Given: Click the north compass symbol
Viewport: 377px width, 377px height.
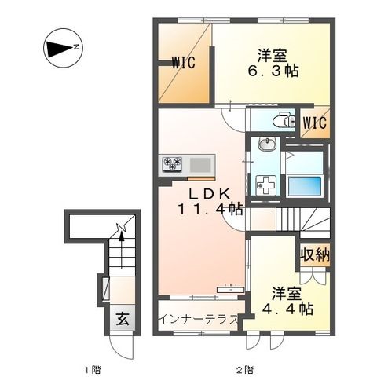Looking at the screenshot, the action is point(63,48).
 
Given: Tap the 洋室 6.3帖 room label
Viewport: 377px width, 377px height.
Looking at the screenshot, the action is point(273,63).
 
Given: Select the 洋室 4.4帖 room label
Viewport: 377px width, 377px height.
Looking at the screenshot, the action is point(287,302).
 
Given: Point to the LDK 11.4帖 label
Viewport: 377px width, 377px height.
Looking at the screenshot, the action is point(210,202).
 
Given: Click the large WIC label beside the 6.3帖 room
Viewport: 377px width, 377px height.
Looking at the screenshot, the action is point(184,63).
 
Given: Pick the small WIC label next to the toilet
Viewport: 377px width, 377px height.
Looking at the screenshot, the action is point(315,123).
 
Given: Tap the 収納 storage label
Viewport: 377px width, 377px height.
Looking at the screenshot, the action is point(315,254).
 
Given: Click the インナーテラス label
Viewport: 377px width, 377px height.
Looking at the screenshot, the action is point(199,320).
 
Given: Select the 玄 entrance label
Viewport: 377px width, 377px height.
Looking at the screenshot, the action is point(123,318).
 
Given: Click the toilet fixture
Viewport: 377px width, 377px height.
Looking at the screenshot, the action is point(283,121).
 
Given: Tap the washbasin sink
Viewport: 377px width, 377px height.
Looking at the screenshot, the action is point(266,145).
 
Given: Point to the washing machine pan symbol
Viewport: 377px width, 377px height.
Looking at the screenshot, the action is point(266,185).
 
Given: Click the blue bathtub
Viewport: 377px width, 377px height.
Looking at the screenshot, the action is point(304,185).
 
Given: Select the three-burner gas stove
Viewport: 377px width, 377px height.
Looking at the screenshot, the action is point(173,164).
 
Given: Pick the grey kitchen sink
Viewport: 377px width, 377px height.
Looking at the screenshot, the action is point(200,165).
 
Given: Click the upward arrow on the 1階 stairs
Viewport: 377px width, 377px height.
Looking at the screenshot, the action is point(121,250).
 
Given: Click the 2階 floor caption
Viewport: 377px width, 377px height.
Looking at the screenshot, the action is point(245,370).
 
